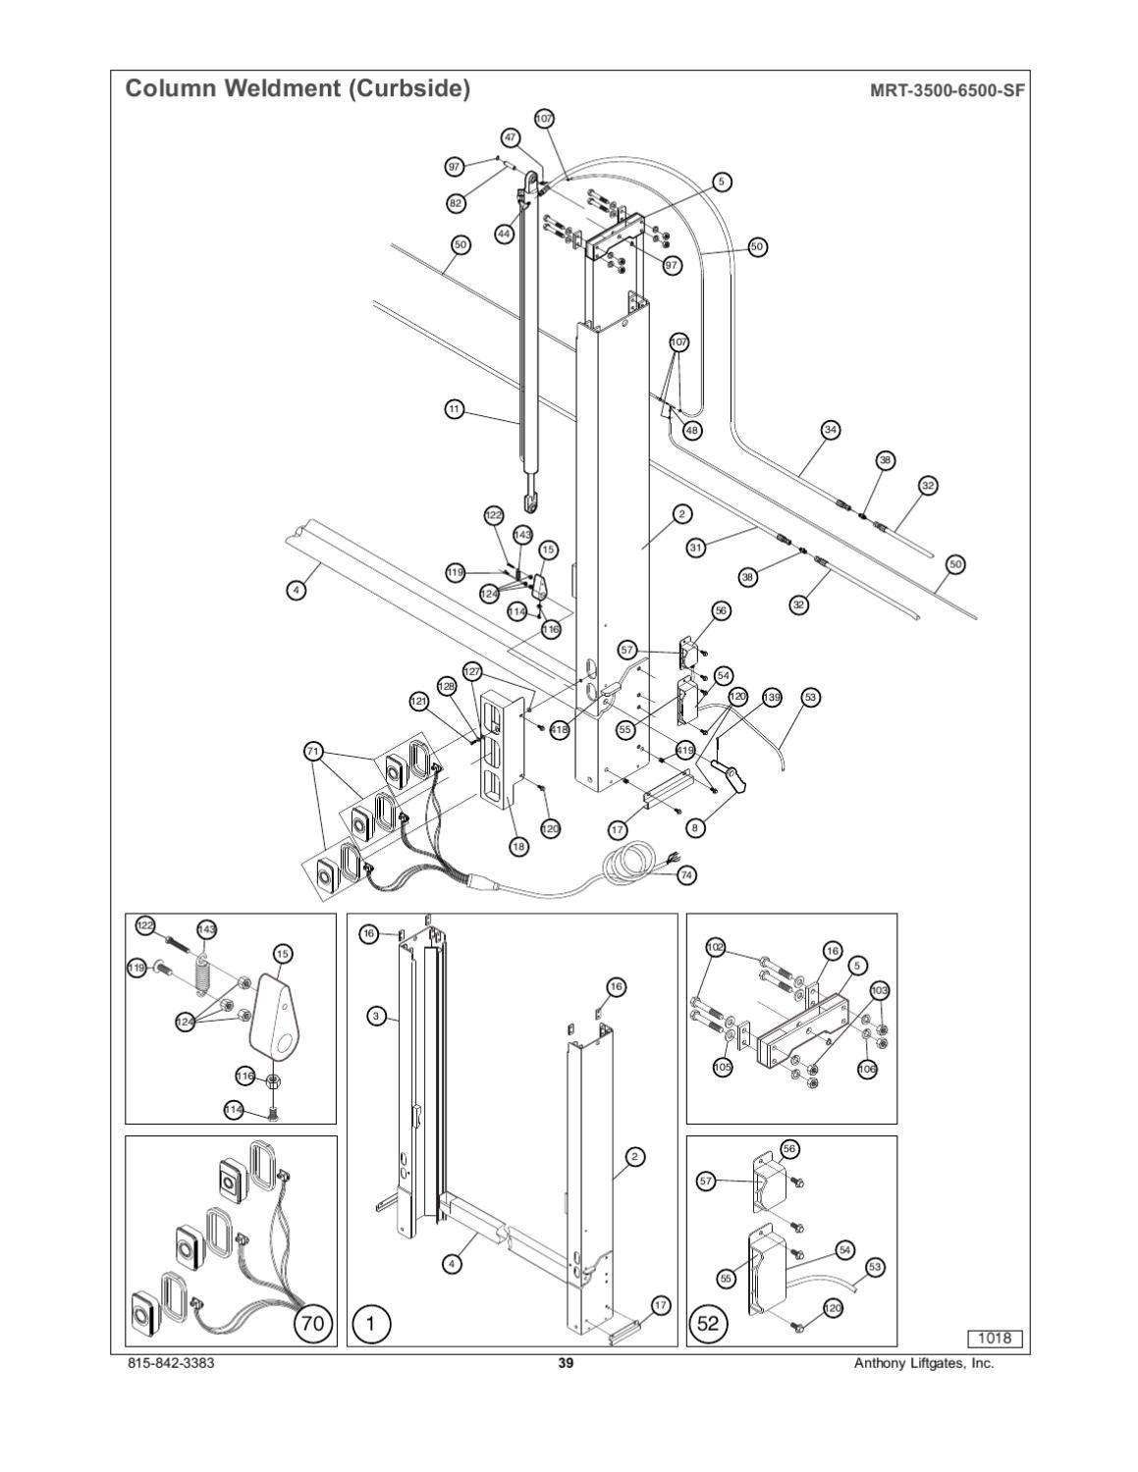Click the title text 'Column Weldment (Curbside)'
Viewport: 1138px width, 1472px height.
pos(298,89)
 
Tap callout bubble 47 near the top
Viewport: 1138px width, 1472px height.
pos(511,137)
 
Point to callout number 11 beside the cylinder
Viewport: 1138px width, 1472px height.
pos(454,409)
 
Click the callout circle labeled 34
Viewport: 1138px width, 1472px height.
pos(831,430)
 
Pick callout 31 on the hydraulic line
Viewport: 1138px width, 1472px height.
pos(695,548)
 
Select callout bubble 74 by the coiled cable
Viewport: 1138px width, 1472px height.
pos(687,875)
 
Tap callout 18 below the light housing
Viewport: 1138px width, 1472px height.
pos(519,846)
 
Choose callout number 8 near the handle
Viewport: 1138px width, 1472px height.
pos(695,828)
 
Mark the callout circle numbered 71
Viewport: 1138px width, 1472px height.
pos(314,752)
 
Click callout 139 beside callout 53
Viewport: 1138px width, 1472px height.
pos(773,697)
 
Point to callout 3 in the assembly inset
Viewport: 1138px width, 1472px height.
pos(375,1016)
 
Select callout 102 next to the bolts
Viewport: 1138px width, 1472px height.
pos(716,947)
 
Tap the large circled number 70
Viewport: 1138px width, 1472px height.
pos(312,1324)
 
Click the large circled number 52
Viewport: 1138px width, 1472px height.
pos(708,1324)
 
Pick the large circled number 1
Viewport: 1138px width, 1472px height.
pos(371,1324)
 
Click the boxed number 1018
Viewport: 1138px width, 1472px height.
pos(995,1339)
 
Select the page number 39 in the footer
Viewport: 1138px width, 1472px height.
pos(566,1362)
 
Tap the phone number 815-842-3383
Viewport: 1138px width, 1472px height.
pos(171,1362)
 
